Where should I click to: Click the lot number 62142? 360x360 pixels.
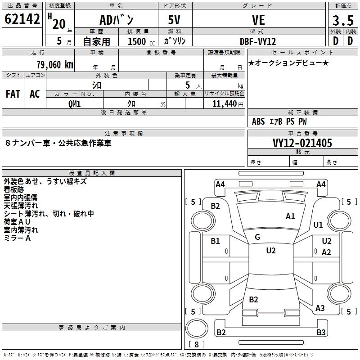click(22, 19)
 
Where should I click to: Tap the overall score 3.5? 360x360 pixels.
click(343, 20)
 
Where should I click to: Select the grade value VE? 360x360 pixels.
click(258, 20)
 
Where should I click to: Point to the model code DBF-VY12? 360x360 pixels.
click(258, 41)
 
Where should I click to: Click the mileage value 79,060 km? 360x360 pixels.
click(55, 65)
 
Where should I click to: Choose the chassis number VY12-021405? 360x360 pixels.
click(302, 143)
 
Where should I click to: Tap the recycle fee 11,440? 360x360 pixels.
click(224, 104)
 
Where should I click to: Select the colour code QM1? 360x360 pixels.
click(74, 104)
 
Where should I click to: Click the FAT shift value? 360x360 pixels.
click(13, 94)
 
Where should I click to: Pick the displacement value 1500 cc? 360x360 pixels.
click(141, 41)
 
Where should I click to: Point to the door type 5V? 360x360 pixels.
click(174, 20)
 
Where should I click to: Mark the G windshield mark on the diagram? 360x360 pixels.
click(257, 237)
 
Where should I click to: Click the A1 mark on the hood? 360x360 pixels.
click(290, 216)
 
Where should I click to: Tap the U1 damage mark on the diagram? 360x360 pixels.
click(318, 225)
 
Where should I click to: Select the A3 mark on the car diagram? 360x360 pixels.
click(320, 308)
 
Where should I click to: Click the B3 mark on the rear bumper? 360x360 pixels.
click(321, 332)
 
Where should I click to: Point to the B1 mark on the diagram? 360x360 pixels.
click(215, 241)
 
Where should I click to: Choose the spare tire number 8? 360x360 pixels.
click(197, 344)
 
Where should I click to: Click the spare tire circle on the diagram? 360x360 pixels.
click(197, 328)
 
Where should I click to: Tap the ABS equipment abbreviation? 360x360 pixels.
click(258, 121)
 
